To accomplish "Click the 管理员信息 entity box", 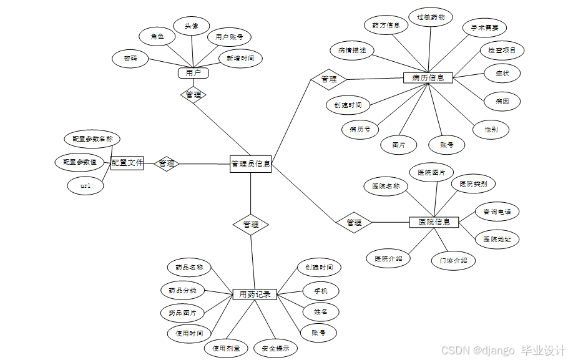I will pyautogui.click(x=250, y=164).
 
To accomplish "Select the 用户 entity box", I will pyautogui.click(x=193, y=73).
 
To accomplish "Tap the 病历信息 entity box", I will pyautogui.click(x=428, y=78).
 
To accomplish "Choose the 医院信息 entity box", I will pyautogui.click(x=434, y=222).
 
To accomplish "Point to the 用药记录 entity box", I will pyautogui.click(x=255, y=294).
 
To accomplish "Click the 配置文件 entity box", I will pyautogui.click(x=127, y=163).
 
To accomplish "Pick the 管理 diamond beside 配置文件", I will pyautogui.click(x=167, y=163).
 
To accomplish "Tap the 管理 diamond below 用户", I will pyautogui.click(x=193, y=95).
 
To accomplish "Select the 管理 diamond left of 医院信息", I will pyautogui.click(x=354, y=222).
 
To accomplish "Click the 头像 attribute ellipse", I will pyautogui.click(x=192, y=26).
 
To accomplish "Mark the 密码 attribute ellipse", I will pyautogui.click(x=130, y=59).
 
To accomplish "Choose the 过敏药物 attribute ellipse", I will pyautogui.click(x=431, y=17).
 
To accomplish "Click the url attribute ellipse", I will pyautogui.click(x=86, y=186).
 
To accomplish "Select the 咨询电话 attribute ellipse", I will pyautogui.click(x=497, y=212).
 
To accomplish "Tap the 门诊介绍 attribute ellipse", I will pyautogui.click(x=453, y=260).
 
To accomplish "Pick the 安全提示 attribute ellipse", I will pyautogui.click(x=275, y=348).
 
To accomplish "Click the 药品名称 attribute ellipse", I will pyautogui.click(x=189, y=267).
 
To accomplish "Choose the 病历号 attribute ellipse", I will pyautogui.click(x=360, y=130).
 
